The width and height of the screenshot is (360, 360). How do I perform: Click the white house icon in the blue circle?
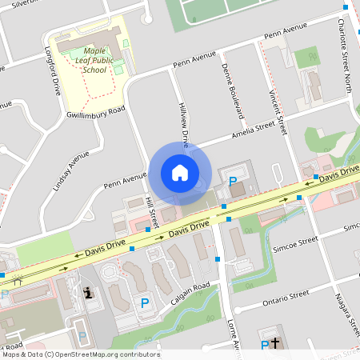click(x=179, y=172)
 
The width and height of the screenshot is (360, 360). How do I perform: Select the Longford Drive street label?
click(x=55, y=76)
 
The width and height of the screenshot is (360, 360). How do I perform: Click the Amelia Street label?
click(x=258, y=130)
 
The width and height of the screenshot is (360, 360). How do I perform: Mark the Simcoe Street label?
click(x=298, y=241)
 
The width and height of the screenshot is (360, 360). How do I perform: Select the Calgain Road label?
click(x=190, y=295)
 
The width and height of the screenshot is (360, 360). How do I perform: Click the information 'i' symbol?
click(x=88, y=293)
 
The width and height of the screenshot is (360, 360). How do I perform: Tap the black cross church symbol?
click(x=276, y=344)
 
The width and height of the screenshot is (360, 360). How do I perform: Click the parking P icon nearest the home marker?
click(x=233, y=182)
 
